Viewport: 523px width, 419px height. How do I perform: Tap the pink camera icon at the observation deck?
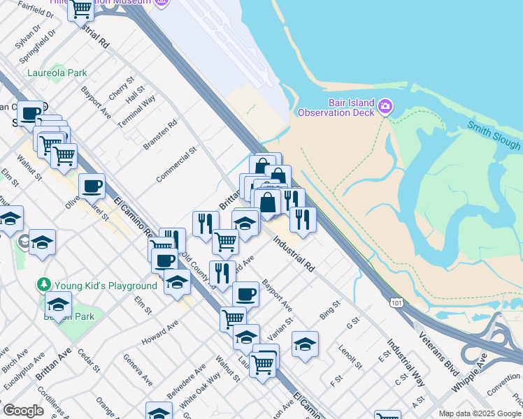(385, 107)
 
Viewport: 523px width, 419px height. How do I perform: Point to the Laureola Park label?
(57, 73)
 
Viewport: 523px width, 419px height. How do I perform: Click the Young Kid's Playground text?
(106, 286)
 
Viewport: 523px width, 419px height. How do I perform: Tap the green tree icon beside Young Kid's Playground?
(45, 285)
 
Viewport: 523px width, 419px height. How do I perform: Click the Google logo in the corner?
(23, 411)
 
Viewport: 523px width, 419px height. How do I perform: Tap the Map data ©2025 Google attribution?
(480, 413)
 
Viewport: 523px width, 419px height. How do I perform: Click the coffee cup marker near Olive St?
(92, 187)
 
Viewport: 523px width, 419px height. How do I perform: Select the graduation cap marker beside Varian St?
(305, 344)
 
